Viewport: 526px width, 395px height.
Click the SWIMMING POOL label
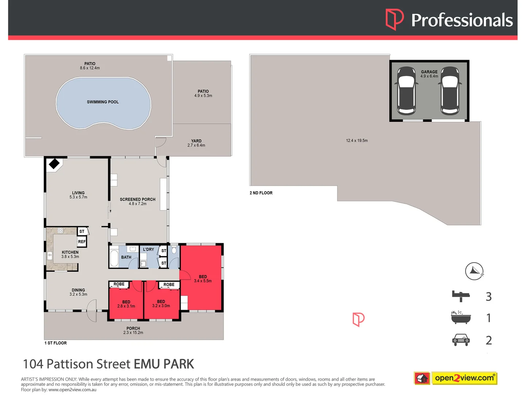pos(103,102)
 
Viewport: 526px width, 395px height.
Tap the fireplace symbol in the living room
pos(54,163)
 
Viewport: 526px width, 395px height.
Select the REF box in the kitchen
pos(82,242)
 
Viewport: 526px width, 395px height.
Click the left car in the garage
pos(406,90)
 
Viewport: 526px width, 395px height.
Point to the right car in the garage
pos(450,90)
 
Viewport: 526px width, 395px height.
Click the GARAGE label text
pos(429,72)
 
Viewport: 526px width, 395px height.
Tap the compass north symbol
pos(474,271)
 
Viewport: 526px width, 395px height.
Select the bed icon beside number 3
pos(461,296)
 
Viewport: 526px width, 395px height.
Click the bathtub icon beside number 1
pos(461,317)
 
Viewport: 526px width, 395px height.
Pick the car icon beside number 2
pos(461,340)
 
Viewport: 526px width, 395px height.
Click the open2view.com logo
pos(456,378)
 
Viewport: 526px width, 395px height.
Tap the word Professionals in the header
pos(462,20)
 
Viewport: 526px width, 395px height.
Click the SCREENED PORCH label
pos(138,199)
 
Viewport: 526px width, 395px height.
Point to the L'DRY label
pos(148,249)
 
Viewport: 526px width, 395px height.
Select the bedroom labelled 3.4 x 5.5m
pos(203,279)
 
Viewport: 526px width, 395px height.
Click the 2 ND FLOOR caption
pos(261,193)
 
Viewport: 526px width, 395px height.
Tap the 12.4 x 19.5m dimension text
pos(357,140)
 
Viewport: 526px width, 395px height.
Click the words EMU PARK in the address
pos(164,364)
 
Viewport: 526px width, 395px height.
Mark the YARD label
pos(196,141)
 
